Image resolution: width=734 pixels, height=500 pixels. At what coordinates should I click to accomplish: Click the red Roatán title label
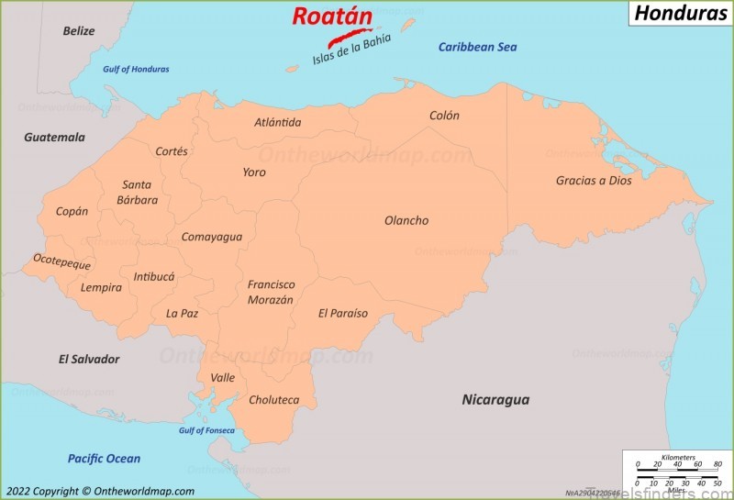coord(332,16)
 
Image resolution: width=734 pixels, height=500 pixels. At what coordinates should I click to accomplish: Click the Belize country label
coord(79,31)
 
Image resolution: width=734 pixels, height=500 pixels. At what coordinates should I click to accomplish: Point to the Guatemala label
coord(54,137)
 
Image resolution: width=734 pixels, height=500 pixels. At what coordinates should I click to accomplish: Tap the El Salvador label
coord(89,359)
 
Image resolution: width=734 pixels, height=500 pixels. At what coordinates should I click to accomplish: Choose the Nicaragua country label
coord(495,400)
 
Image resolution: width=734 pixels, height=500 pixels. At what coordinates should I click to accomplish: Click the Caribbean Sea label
coord(477,47)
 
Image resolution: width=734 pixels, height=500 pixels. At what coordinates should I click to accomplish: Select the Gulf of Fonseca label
coord(206,430)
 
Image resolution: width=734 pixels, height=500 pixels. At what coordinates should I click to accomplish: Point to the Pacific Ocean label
coord(104,459)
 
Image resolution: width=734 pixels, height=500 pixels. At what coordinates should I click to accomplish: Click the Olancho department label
coord(406,220)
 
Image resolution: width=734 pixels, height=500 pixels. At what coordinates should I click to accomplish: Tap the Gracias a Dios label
coord(594,181)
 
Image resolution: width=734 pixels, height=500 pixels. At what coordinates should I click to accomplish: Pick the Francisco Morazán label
coord(271,292)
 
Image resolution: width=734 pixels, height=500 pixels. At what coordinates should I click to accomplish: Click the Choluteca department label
coord(273,400)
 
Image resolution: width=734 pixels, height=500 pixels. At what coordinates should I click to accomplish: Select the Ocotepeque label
coord(62,261)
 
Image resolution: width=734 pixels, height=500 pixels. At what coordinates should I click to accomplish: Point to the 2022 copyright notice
coord(98,492)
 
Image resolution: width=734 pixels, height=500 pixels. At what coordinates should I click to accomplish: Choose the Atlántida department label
coord(278,122)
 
